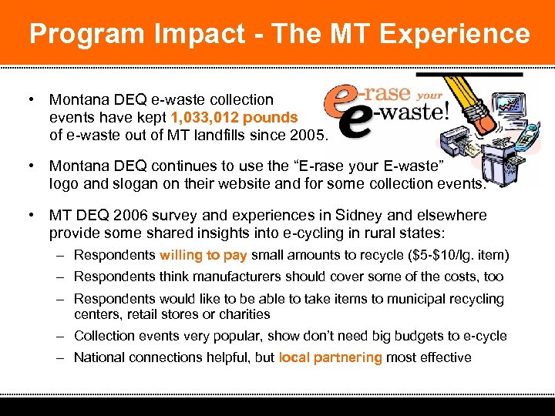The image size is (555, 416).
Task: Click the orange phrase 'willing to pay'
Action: click(203, 256)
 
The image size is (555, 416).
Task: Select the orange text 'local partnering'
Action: click(330, 357)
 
